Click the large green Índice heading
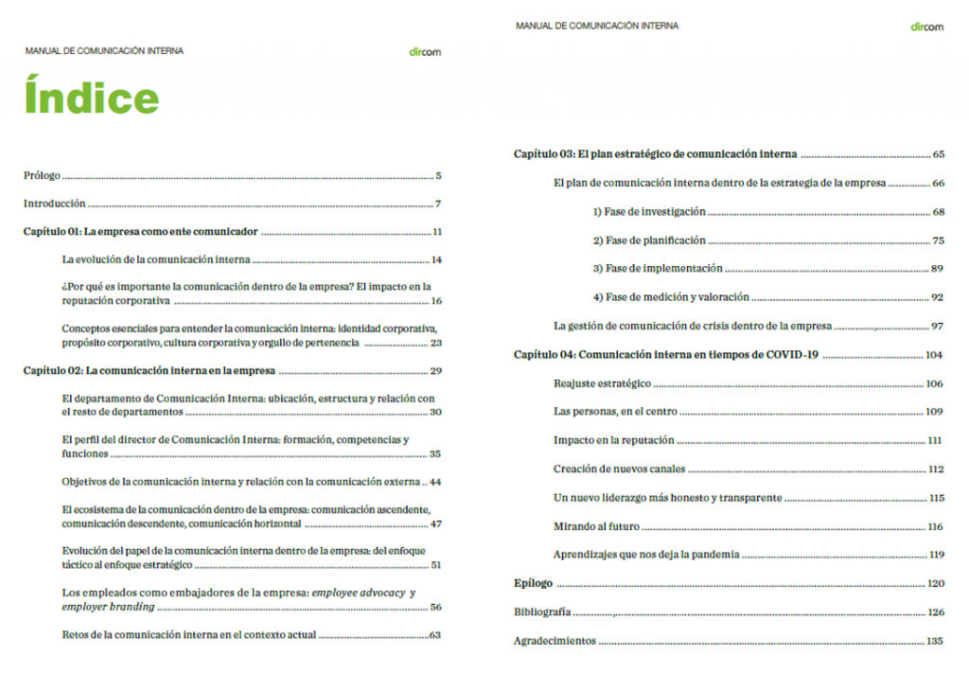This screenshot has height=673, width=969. pos(92,98)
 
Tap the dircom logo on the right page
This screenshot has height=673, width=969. pos(926,27)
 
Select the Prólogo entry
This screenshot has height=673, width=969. pos(42,175)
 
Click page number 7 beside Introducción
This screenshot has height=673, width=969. pos(439,204)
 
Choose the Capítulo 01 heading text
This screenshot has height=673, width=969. pos(141,232)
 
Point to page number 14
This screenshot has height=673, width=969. pos(436,259)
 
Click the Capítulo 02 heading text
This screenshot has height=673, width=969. pos(149,370)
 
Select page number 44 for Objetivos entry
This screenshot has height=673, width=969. pos(435,482)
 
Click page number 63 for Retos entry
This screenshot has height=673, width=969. pos(435,634)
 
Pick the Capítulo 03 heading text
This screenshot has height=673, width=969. pos(655,153)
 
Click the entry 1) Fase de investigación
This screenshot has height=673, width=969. pos(649,212)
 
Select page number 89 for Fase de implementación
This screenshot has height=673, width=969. pos(937,269)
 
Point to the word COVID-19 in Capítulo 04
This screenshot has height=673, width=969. pos(790,355)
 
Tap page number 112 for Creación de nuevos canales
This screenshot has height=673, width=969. pos(936,469)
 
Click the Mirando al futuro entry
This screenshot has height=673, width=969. pos(596,526)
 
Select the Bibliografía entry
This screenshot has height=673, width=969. pos(542,612)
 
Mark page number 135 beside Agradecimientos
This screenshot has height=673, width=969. pos(935,641)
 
